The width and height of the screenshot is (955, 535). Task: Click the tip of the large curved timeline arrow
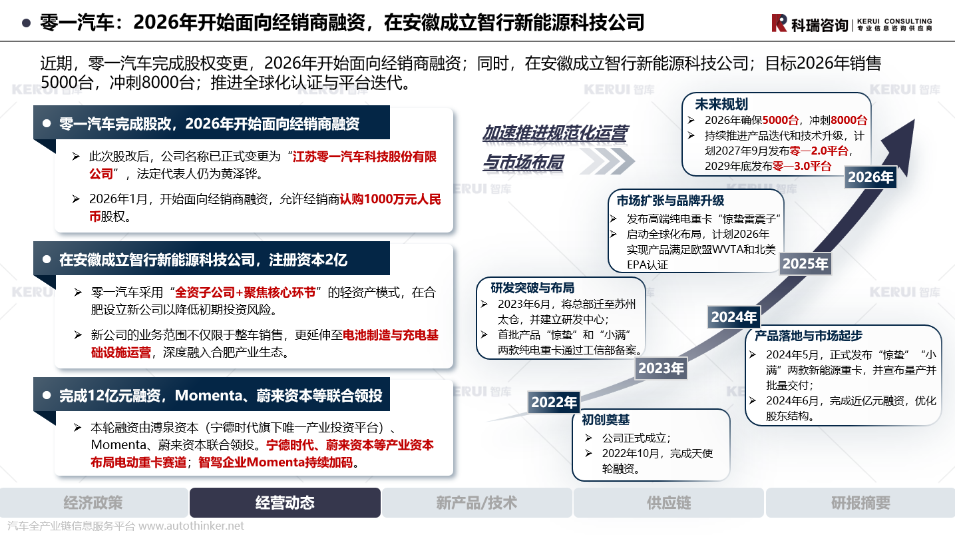point(914,120)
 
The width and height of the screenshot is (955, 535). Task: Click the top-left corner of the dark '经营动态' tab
point(190,488)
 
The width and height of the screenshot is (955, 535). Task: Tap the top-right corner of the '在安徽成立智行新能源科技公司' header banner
point(390,242)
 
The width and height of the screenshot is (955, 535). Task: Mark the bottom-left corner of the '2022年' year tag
point(528,413)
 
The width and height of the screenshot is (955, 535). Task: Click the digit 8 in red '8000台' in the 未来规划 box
point(834,121)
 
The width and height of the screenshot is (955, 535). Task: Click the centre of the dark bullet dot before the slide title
point(26,23)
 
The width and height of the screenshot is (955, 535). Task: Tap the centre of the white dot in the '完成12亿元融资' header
point(47,395)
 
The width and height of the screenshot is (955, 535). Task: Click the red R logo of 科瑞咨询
point(779,23)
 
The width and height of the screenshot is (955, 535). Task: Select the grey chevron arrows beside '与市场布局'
point(608,161)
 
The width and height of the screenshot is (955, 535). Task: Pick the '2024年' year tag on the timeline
point(734,317)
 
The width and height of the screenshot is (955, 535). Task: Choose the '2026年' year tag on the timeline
point(870,177)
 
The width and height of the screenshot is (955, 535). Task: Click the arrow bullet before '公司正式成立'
point(588,438)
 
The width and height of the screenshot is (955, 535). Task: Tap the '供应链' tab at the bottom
point(668,503)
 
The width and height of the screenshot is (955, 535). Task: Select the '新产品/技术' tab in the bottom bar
point(477,503)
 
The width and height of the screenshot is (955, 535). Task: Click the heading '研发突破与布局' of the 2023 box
point(532,288)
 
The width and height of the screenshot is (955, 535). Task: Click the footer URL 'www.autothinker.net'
point(191,526)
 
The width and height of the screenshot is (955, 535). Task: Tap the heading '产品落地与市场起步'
point(809,336)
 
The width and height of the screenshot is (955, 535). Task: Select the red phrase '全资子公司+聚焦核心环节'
point(245,292)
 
